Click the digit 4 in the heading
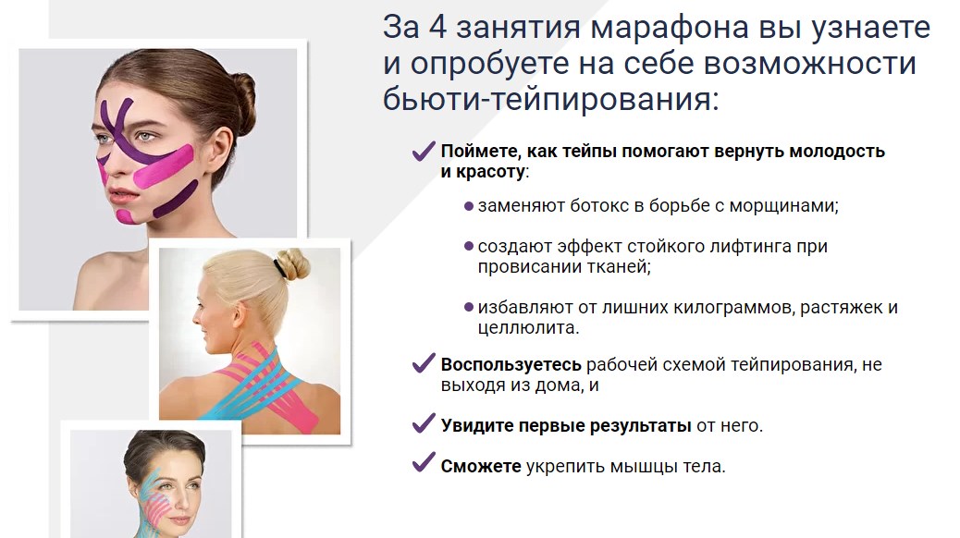tap(440, 28)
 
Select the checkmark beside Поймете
tap(424, 151)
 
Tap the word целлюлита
tap(528, 327)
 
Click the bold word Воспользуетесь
tap(511, 364)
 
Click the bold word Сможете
tap(481, 466)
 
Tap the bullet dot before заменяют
tap(469, 205)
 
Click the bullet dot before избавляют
tap(469, 307)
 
